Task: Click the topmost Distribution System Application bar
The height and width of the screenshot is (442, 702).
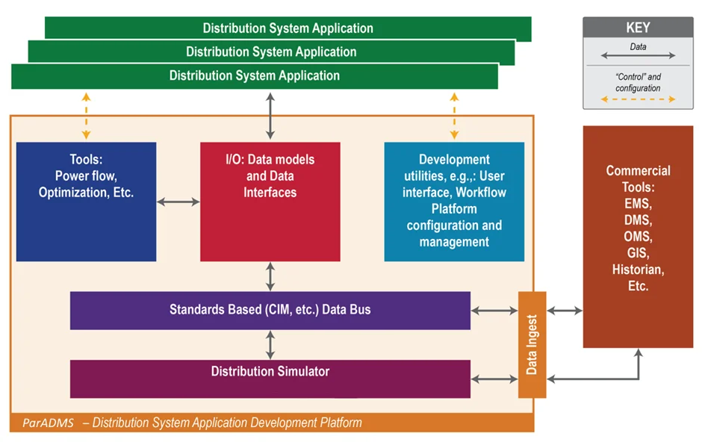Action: (288, 28)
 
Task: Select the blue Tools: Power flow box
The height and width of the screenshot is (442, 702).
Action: (86, 202)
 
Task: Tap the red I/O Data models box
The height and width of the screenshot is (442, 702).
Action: (270, 202)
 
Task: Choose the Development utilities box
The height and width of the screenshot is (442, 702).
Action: (454, 202)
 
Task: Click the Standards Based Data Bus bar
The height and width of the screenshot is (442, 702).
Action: (270, 311)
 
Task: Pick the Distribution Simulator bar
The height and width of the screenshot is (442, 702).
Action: (270, 379)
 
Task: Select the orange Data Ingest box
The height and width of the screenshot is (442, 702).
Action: (532, 344)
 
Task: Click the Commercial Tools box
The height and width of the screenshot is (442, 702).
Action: (638, 237)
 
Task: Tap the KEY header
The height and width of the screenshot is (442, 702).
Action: (638, 28)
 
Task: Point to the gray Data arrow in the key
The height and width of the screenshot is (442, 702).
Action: (638, 55)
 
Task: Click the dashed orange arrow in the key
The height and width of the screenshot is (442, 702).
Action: (638, 99)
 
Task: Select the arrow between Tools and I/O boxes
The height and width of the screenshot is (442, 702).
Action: (178, 202)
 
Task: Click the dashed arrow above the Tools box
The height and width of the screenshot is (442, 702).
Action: (86, 116)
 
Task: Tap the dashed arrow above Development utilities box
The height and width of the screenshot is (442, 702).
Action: (454, 116)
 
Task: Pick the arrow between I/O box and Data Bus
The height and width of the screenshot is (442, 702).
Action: (270, 276)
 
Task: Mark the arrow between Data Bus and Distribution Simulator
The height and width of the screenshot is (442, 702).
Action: (270, 345)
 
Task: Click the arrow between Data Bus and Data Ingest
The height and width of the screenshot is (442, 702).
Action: (494, 311)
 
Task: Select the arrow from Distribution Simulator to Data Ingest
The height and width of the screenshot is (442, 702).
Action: (494, 379)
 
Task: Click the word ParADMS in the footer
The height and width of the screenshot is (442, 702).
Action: (48, 423)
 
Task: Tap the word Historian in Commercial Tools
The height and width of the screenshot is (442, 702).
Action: (638, 270)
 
